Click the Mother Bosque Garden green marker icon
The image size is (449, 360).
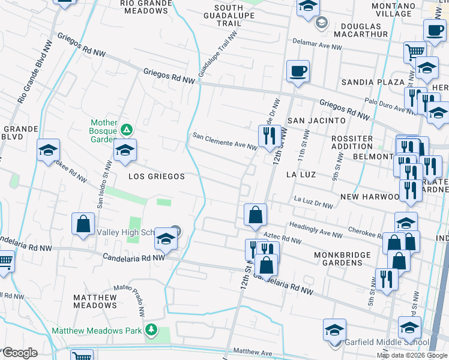(126, 129)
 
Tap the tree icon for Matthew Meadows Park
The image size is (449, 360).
(152, 330)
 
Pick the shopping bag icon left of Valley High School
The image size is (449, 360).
(83, 224)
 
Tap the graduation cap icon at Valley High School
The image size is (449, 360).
(166, 241)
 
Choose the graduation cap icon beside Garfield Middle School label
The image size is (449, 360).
(334, 330)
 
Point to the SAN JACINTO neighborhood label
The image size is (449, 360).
(316, 121)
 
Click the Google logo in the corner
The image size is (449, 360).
(20, 353)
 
